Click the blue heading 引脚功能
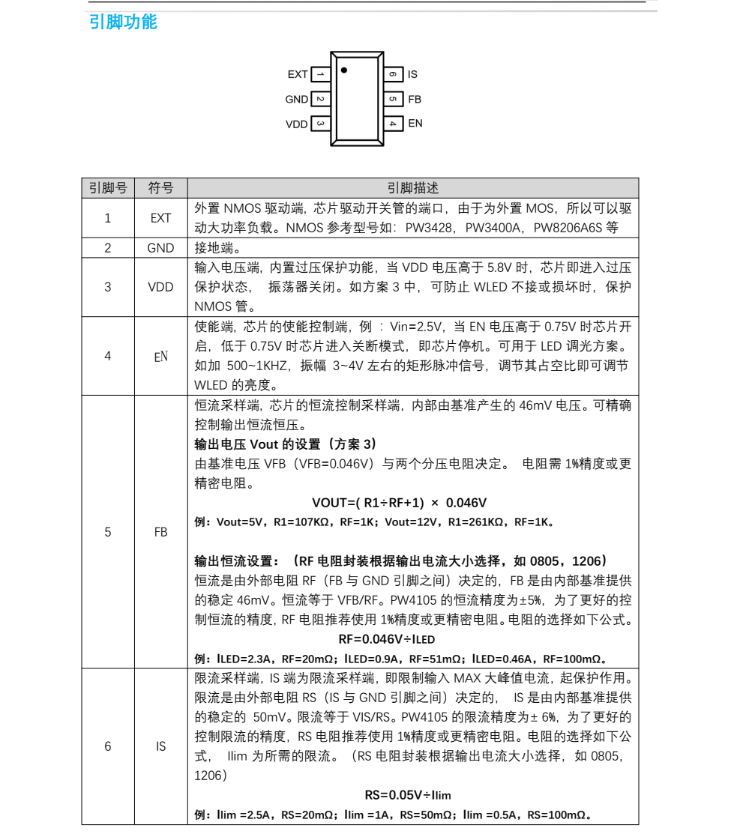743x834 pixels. click(x=124, y=22)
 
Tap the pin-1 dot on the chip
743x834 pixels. click(x=344, y=70)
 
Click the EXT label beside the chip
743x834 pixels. click(x=298, y=75)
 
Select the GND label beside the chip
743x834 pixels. click(x=296, y=100)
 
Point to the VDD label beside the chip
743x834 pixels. click(x=297, y=124)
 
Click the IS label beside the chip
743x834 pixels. click(x=412, y=75)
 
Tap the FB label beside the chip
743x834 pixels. click(x=415, y=100)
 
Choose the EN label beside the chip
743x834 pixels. click(x=415, y=124)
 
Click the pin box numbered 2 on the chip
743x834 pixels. click(x=320, y=100)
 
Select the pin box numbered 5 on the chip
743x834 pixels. click(x=393, y=100)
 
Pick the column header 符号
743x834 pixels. click(x=160, y=188)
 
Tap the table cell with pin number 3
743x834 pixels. click(x=108, y=287)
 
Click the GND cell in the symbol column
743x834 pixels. click(x=160, y=248)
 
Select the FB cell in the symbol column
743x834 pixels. click(x=160, y=532)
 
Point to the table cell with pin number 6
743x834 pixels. click(x=108, y=746)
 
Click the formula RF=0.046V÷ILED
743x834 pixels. click(x=386, y=640)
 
